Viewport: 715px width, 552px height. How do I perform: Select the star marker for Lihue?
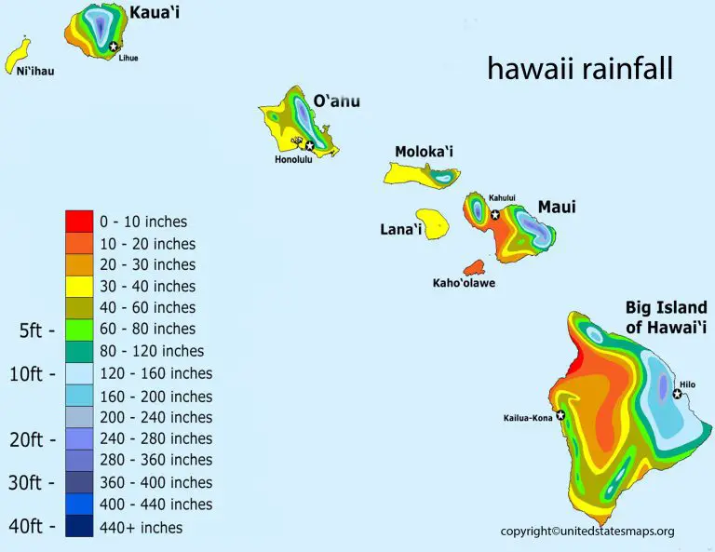[x=114, y=47]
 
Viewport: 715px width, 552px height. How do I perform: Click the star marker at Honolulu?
[x=309, y=145]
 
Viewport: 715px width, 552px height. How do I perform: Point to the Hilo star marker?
[x=678, y=395]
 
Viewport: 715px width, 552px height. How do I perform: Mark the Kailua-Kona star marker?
[x=561, y=415]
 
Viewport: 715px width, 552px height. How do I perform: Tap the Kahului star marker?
[x=495, y=214]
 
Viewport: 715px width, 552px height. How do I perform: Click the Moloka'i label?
[x=424, y=152]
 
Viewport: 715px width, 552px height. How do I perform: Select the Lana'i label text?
[x=401, y=229]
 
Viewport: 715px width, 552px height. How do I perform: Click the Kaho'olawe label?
[x=464, y=282]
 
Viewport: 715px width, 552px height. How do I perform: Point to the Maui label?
[x=557, y=207]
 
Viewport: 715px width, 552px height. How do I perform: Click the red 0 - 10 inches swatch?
[x=78, y=222]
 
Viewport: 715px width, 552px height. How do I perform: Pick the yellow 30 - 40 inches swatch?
[x=78, y=286]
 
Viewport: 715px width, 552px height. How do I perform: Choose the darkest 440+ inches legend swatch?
[x=78, y=527]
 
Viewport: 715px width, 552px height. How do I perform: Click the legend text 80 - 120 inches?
[x=152, y=351]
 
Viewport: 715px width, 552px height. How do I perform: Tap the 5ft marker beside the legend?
[x=36, y=330]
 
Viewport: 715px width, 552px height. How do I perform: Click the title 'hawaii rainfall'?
[x=579, y=70]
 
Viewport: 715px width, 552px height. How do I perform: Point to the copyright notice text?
[x=587, y=532]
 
